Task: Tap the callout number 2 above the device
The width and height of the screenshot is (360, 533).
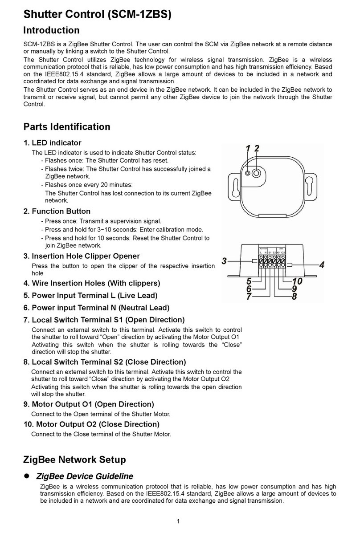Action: [257, 149]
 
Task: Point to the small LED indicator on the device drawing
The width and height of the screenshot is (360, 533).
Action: [248, 173]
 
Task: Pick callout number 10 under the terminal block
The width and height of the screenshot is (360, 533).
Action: [297, 281]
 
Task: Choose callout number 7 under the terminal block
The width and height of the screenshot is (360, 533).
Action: [249, 297]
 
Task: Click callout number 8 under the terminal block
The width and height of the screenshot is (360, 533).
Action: [294, 297]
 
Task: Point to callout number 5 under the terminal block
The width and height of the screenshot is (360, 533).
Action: [249, 281]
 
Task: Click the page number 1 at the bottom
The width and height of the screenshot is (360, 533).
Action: [178, 521]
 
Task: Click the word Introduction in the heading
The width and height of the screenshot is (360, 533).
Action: [51, 30]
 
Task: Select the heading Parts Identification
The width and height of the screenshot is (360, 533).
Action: [66, 127]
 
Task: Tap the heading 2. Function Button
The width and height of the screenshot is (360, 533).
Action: [57, 211]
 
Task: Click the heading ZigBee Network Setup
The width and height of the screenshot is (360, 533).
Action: [74, 459]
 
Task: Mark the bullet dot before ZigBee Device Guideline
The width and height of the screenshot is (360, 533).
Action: [26, 476]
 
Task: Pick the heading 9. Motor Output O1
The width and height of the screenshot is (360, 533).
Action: [89, 404]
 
